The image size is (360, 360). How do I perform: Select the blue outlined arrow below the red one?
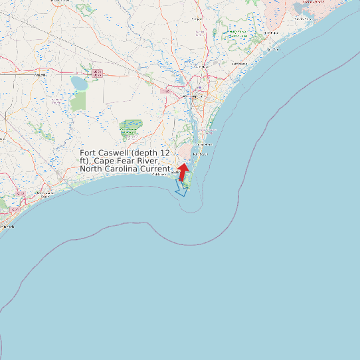pyautogui.click(x=180, y=187)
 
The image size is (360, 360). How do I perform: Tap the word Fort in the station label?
pyautogui.click(x=89, y=153)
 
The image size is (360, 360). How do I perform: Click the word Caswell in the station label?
pyautogui.click(x=116, y=153)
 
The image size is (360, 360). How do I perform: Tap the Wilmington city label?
pyautogui.click(x=191, y=96)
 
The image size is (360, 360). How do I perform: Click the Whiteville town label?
pyautogui.click(x=41, y=75)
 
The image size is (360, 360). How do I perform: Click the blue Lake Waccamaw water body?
pyautogui.click(x=79, y=84)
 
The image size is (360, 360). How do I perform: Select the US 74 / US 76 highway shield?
pyautogui.click(x=98, y=73)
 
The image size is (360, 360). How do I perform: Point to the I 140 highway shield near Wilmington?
pyautogui.click(x=165, y=91)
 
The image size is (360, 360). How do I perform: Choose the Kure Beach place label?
pyautogui.click(x=199, y=154)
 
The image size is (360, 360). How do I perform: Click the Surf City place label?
pyautogui.click(x=272, y=49)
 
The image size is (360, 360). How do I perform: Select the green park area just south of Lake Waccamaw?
pyautogui.click(x=78, y=100)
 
